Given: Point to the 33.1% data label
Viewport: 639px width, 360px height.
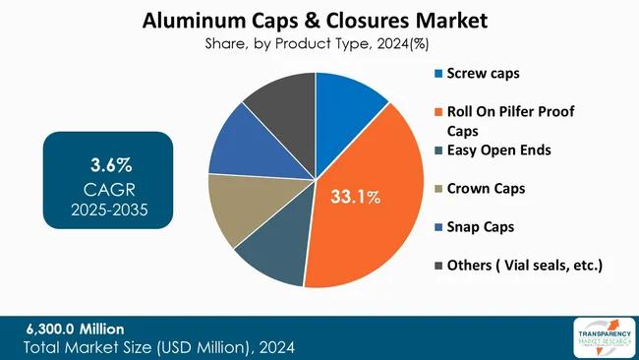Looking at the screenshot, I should tap(355, 198).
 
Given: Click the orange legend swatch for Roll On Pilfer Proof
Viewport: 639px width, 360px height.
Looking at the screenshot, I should tap(437, 113).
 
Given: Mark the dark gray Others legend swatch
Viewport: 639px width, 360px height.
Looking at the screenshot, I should tap(437, 266).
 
